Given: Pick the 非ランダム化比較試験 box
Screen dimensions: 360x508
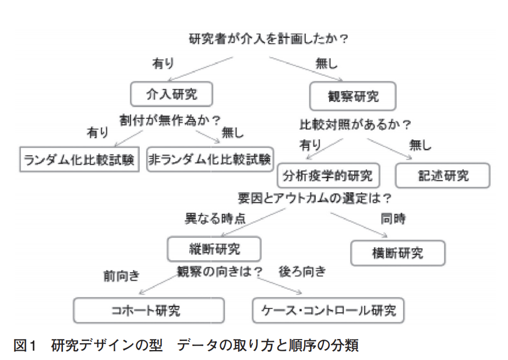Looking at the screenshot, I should point(210,158).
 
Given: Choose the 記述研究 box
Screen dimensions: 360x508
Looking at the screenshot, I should point(443,175).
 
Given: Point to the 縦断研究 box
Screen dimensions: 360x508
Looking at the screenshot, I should point(213,249).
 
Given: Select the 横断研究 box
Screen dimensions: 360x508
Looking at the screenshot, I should point(398,253).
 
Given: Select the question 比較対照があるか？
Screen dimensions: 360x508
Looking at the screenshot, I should point(355,125).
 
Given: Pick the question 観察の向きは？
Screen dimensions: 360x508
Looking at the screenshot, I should point(220,271).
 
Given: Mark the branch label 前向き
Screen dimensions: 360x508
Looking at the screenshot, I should point(121,276).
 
